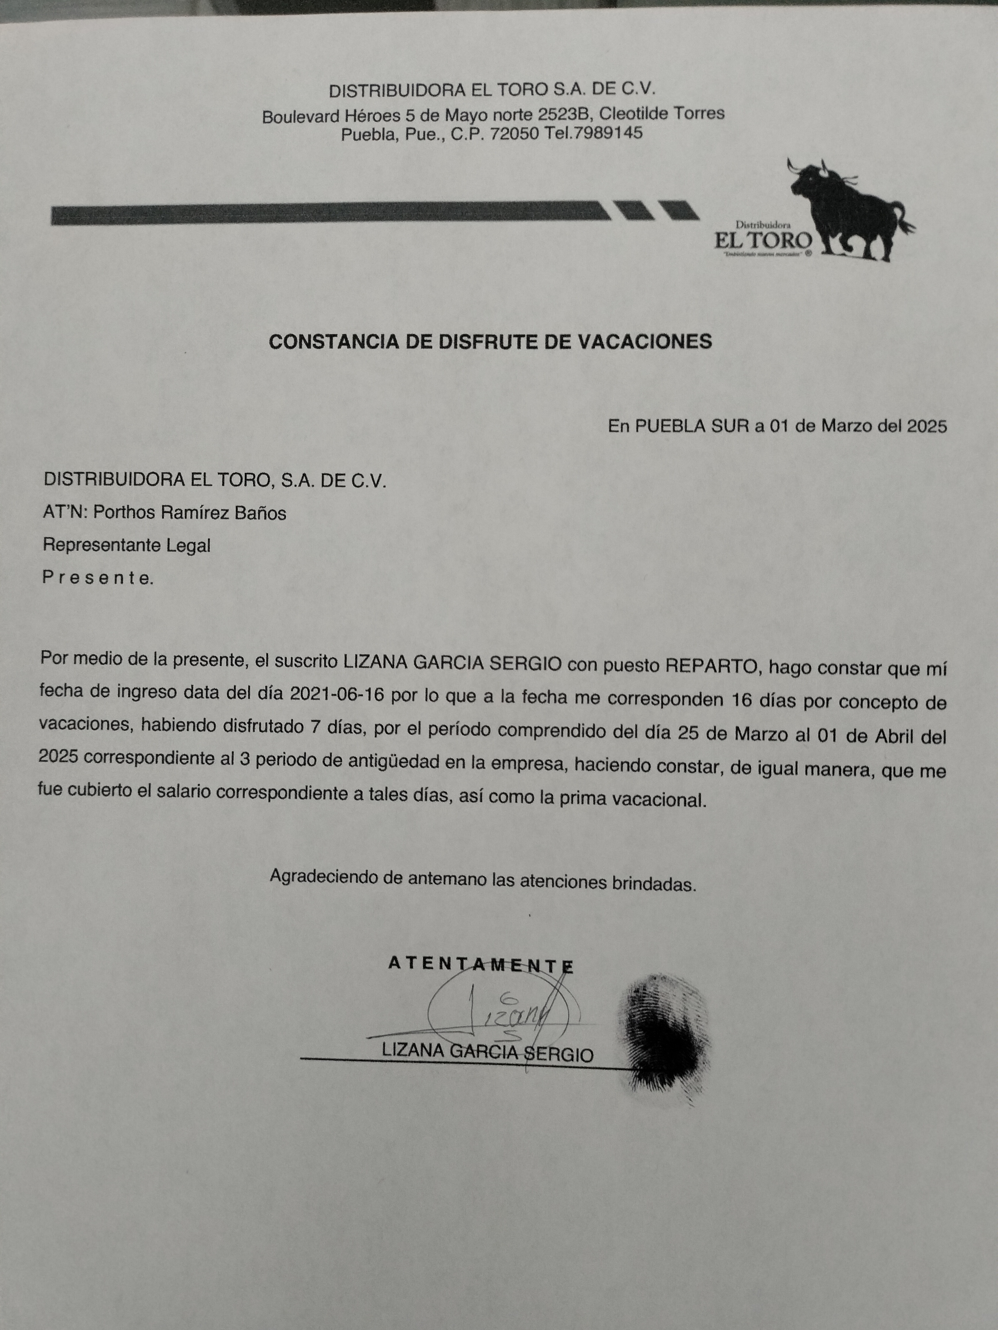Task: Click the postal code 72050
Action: [x=514, y=133]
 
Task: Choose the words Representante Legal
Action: [x=126, y=545]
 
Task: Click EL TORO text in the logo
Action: [x=763, y=240]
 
